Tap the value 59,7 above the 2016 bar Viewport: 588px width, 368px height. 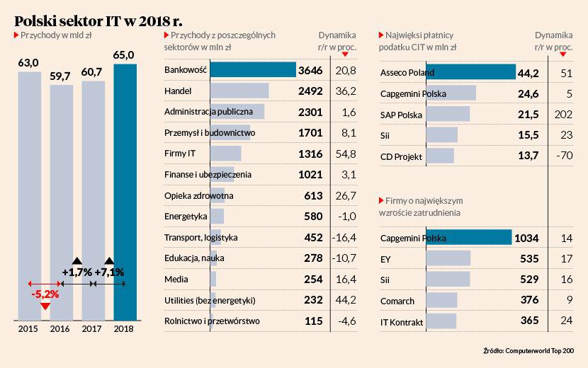click(60, 76)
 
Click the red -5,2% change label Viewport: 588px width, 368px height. click(45, 292)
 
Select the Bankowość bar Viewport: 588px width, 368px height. click(253, 70)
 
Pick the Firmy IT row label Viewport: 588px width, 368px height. click(180, 154)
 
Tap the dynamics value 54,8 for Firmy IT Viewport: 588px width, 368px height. click(346, 154)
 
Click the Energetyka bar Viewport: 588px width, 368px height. click(217, 217)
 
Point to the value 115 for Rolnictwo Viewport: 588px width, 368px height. click(314, 321)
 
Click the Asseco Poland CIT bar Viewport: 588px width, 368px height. click(448, 72)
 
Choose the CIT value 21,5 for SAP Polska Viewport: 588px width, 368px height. click(525, 115)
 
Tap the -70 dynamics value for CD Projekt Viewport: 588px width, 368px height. click(566, 156)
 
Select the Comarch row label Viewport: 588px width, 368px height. click(397, 301)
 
